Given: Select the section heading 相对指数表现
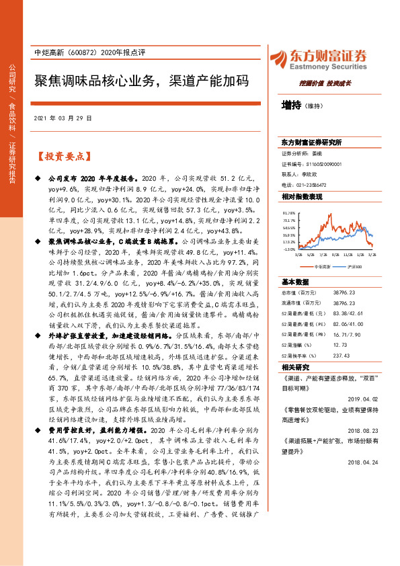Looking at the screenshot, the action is click(302, 196).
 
